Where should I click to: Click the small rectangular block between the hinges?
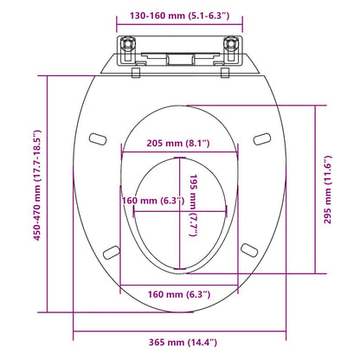pos(179,58)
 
